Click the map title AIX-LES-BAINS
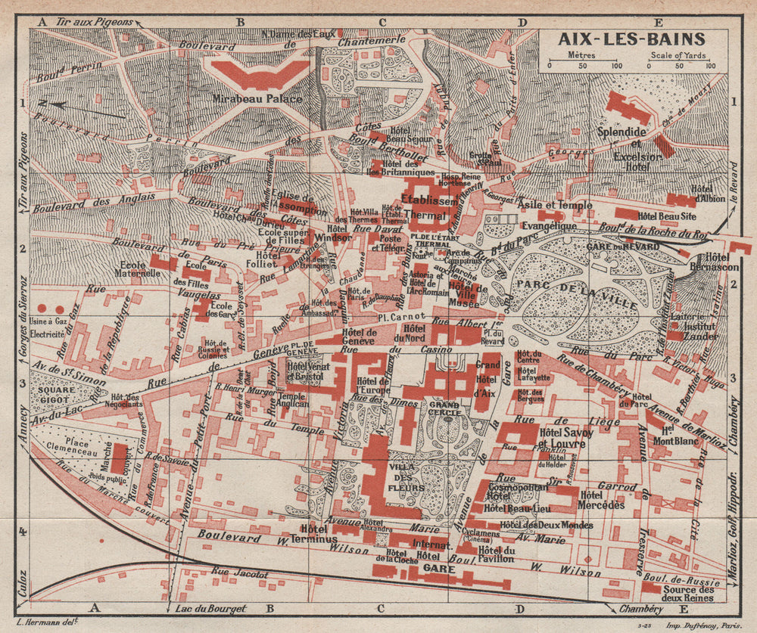tap(632, 39)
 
